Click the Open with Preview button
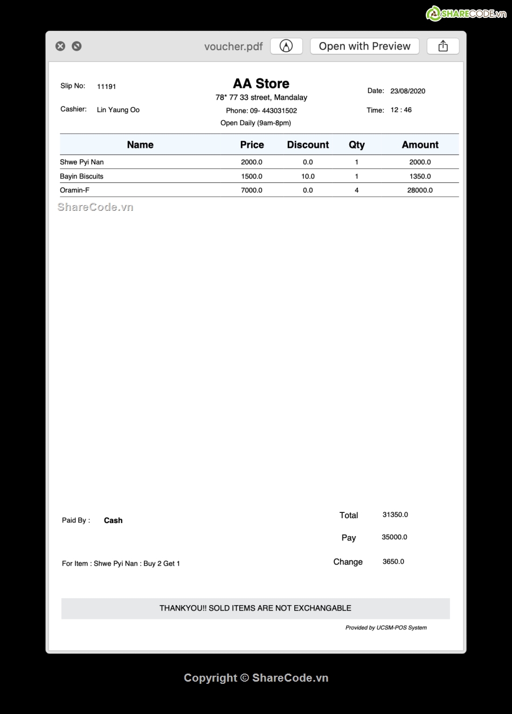pos(364,46)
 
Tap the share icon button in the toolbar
pos(443,46)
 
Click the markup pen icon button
pos(286,46)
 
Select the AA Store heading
pos(261,84)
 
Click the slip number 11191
pos(106,86)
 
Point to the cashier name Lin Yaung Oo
pos(118,110)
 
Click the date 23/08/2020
pos(407,91)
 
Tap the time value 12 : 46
pos(401,110)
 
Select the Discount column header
pos(308,145)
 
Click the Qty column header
pos(356,145)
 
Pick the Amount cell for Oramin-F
pos(420,190)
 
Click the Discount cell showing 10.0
pos(308,176)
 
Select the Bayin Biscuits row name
pos(81,176)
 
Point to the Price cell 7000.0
pos(252,190)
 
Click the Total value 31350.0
pos(395,515)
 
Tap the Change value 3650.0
pos(393,561)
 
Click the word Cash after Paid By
pos(113,520)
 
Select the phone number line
pos(261,111)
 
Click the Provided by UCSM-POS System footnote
pos(386,628)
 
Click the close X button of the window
pos(60,46)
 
